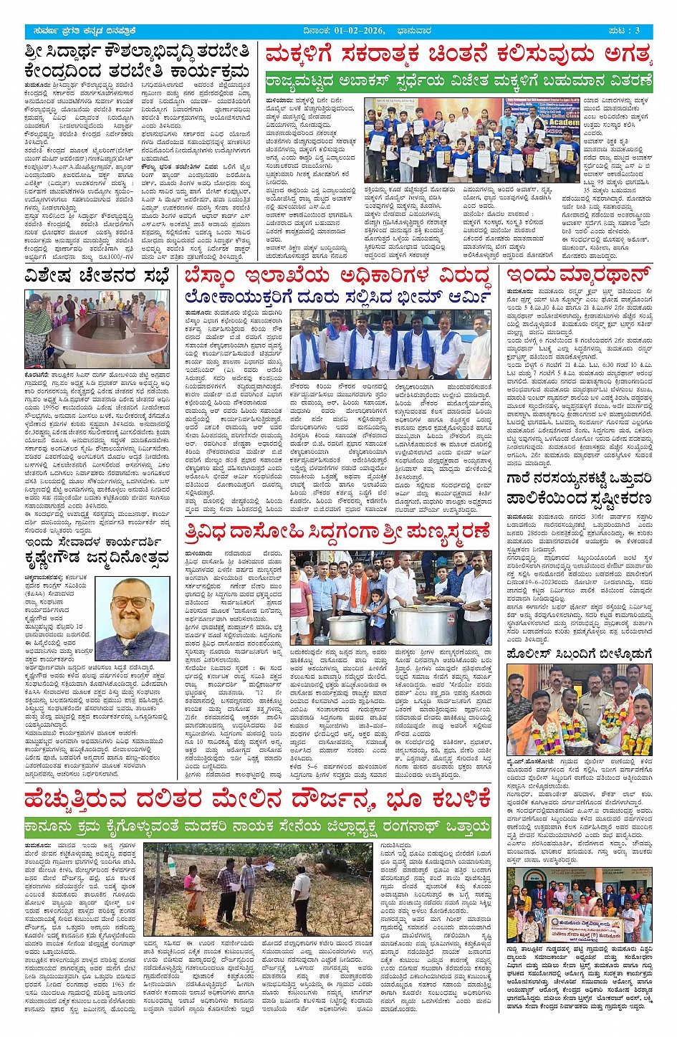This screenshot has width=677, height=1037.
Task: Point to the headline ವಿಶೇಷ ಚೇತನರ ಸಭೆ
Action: click(97, 276)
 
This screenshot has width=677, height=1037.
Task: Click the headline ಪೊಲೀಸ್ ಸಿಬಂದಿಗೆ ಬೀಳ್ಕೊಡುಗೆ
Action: click(579, 654)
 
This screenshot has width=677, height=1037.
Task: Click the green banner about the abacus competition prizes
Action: click(458, 81)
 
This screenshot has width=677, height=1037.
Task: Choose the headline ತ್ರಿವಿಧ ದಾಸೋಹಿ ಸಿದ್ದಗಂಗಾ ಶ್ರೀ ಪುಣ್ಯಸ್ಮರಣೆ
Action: click(337, 532)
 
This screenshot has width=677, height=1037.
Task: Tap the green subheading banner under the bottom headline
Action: click(257, 827)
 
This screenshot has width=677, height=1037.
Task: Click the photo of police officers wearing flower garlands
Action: click(579, 709)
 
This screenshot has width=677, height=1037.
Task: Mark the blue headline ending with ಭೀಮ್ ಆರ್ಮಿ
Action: click(337, 297)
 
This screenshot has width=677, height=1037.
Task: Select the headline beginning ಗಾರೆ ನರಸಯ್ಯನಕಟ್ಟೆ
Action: click(579, 487)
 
